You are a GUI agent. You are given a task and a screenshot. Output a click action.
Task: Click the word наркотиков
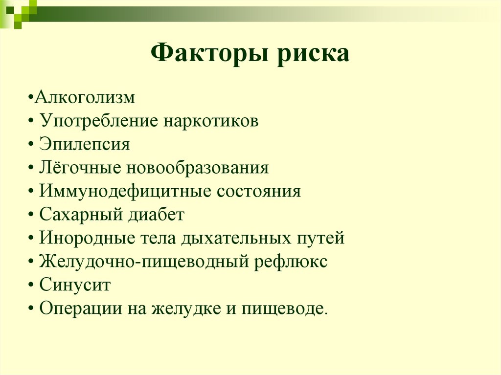coord(211,121)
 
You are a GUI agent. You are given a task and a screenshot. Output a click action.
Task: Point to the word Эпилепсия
coord(85,145)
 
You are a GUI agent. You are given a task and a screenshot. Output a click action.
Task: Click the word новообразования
coord(198,168)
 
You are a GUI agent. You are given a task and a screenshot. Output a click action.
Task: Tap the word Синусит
coord(75,285)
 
